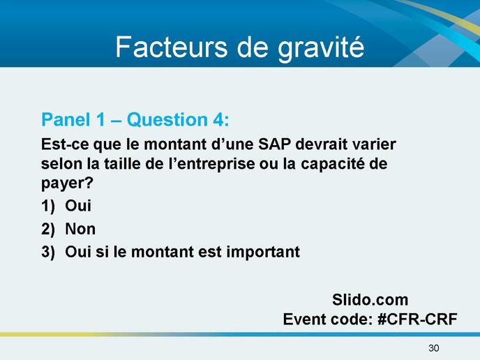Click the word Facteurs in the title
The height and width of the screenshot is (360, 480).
click(x=172, y=47)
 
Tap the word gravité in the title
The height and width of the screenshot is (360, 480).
click(x=321, y=49)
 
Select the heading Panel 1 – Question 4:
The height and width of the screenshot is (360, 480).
click(x=135, y=119)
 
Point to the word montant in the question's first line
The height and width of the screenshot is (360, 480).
click(x=175, y=144)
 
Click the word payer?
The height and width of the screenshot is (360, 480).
click(x=68, y=183)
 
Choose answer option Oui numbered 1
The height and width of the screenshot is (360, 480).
click(x=78, y=205)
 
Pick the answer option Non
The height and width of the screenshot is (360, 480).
click(x=80, y=229)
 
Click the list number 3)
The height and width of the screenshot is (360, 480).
click(x=48, y=252)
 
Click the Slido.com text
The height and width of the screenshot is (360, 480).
click(x=370, y=300)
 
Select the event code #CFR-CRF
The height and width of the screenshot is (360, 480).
click(x=417, y=320)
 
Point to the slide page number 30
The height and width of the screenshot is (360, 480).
click(x=434, y=348)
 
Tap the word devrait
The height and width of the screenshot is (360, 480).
click(x=321, y=144)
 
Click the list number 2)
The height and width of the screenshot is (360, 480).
click(x=48, y=229)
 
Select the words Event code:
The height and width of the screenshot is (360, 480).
click(x=328, y=320)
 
